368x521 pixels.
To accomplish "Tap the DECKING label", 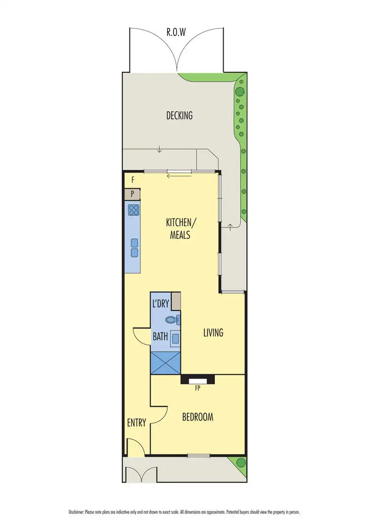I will (179, 116).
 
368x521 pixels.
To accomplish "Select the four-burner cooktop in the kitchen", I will (133, 211).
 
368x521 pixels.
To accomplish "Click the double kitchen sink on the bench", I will (134, 247).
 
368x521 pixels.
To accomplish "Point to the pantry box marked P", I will (132, 194).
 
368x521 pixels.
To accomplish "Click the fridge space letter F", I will (132, 180).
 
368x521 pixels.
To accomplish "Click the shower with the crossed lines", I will (166, 362).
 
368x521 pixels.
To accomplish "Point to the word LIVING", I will (213, 333).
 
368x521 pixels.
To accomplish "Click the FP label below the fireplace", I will (198, 388).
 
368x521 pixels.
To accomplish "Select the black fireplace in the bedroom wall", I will (198, 380).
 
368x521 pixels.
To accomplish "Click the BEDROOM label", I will (198, 417).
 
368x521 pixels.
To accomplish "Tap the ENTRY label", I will (137, 422).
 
